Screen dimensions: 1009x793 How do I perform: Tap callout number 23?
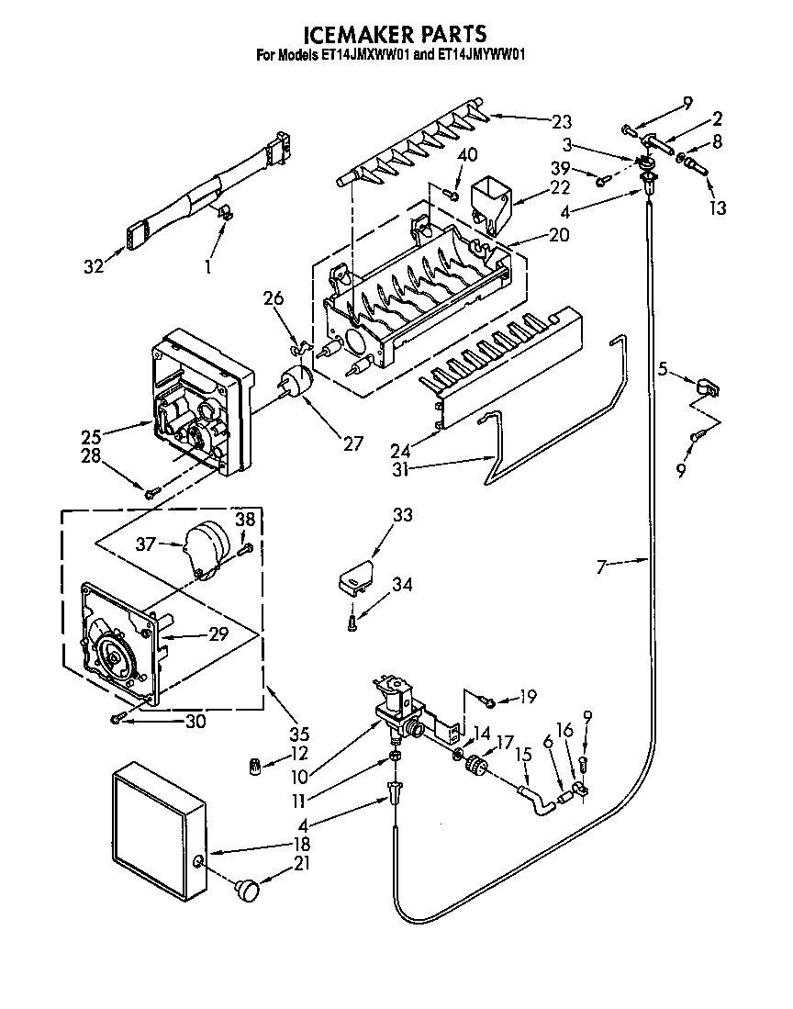[x=561, y=122]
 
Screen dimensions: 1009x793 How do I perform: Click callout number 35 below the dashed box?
[x=298, y=734]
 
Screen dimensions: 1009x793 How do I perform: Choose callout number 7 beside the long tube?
[x=601, y=566]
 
